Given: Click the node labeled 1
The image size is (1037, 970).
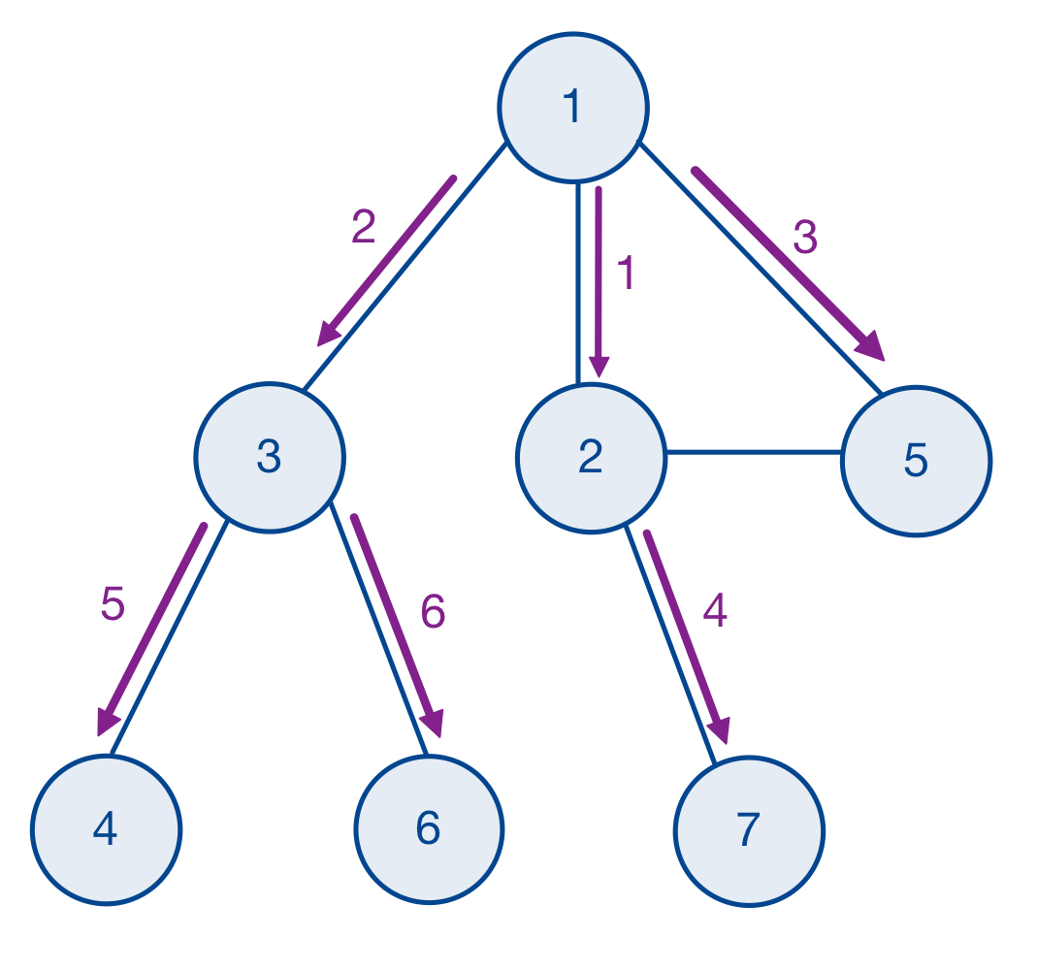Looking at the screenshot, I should [x=572, y=107].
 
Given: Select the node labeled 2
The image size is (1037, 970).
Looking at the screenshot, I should [x=591, y=457].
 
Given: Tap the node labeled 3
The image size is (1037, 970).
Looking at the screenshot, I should [x=269, y=457].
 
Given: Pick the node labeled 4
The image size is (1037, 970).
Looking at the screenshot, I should [x=106, y=829].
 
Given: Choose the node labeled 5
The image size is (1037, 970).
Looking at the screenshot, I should [x=916, y=461].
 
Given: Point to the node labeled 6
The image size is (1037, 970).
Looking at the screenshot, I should [x=428, y=829].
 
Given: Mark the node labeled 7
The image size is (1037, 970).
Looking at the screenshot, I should [x=748, y=831].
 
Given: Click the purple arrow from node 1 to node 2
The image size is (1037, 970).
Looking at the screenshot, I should [x=599, y=281].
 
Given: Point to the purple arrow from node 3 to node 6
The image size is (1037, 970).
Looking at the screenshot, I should [x=397, y=626].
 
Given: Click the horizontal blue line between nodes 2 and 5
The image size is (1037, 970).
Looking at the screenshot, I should [x=754, y=452].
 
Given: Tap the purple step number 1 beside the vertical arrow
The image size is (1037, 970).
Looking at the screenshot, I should [x=626, y=275].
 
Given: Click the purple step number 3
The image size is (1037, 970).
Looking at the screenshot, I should [x=805, y=238].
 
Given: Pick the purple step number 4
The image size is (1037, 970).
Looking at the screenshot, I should [x=715, y=611].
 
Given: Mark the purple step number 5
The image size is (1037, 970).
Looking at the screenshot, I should [x=113, y=605].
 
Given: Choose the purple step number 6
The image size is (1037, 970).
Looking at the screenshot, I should [x=433, y=612].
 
